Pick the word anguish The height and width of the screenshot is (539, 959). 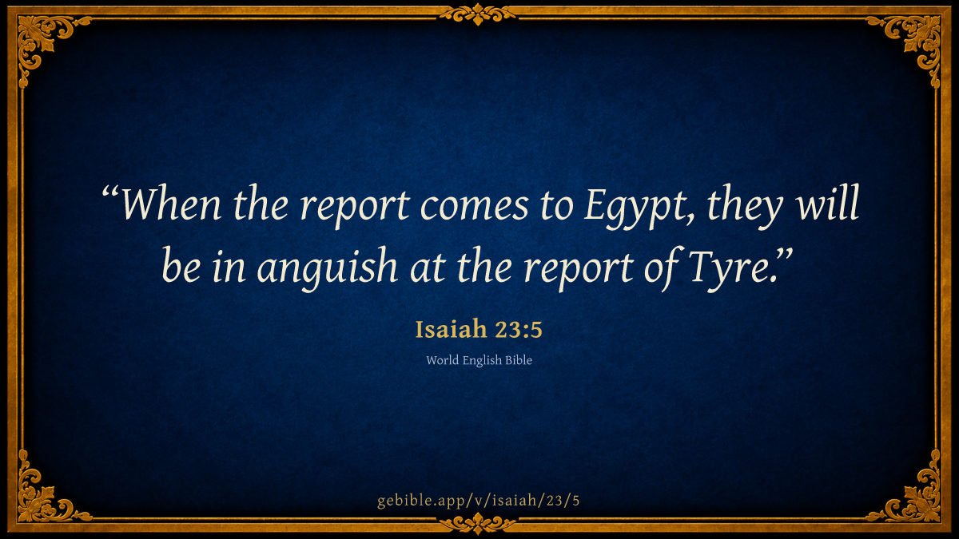328,268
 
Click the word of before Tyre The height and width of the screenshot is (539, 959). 663,268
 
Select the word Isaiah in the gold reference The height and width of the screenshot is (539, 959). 452,329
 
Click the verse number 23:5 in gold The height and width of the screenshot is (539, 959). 519,330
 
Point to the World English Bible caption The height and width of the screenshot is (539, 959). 479,360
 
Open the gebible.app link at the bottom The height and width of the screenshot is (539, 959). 479,501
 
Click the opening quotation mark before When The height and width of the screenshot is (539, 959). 110,191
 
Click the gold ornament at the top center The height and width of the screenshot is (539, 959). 478,14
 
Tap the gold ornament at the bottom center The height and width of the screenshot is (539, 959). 478,523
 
